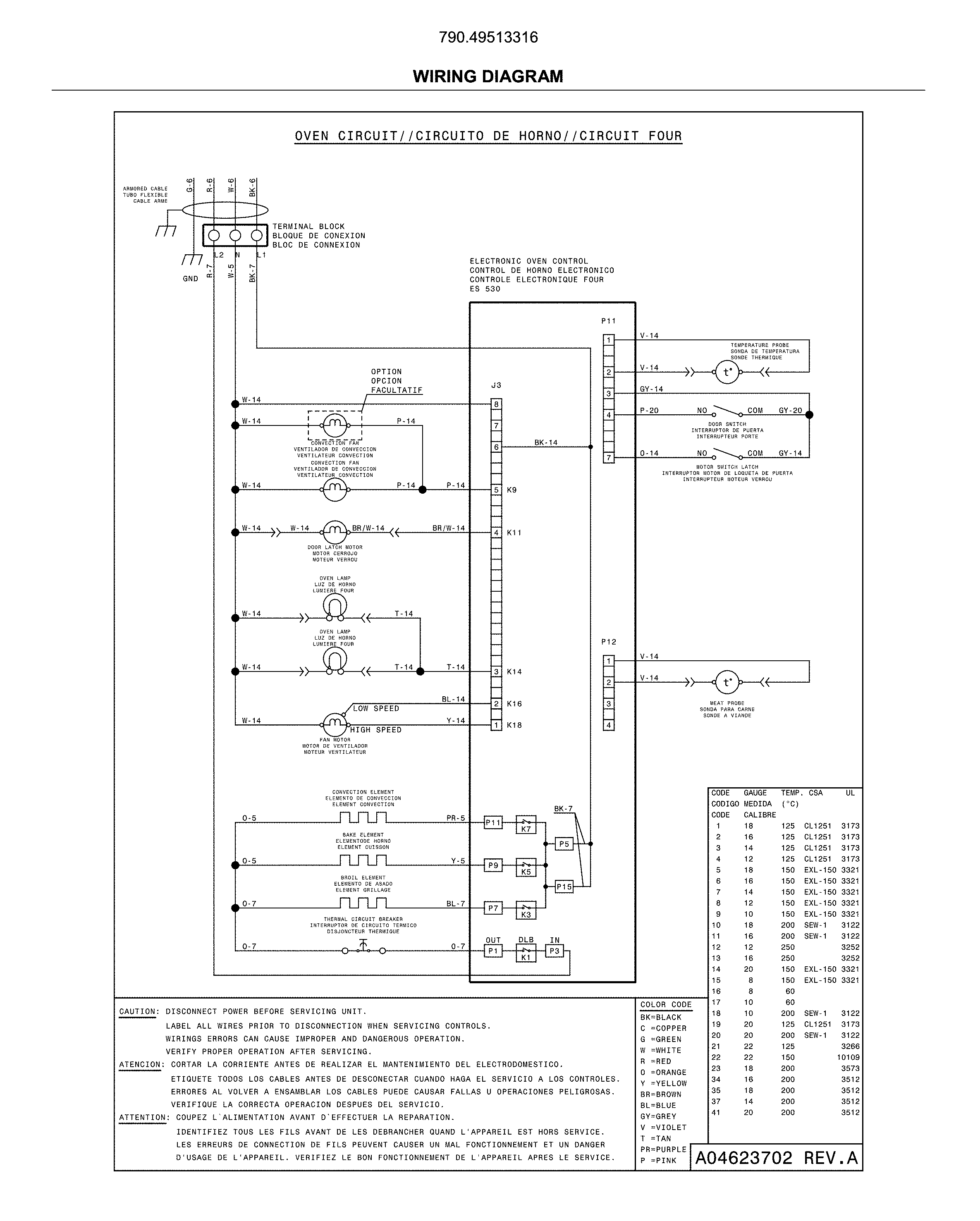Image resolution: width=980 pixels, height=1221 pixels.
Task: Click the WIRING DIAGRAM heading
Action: point(488,76)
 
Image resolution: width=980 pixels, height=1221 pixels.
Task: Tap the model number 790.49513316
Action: point(488,37)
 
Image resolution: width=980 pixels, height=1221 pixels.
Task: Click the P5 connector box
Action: point(564,844)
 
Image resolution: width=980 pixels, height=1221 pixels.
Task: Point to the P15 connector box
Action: point(564,887)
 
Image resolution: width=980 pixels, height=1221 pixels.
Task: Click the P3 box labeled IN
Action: point(554,951)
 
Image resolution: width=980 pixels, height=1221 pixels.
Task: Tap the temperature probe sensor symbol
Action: point(727,372)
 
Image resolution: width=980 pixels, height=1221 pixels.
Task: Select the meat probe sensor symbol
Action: point(727,682)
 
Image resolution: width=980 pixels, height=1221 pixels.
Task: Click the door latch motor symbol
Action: point(335,532)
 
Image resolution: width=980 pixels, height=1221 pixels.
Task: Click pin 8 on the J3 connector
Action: point(496,404)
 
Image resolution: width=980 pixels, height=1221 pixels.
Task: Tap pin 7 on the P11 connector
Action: point(608,458)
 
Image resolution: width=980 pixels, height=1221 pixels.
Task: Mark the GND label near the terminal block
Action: point(190,279)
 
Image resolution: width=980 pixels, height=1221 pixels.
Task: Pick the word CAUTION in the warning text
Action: point(138,1011)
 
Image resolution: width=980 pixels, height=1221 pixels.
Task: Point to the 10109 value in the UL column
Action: point(848,1057)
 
